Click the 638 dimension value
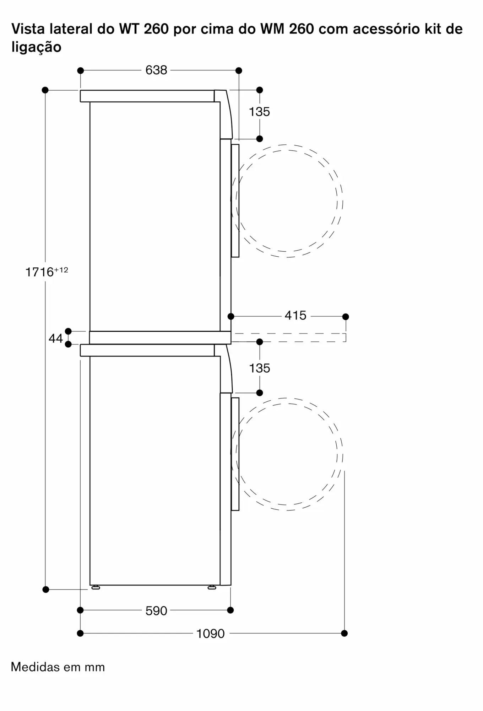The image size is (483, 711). (x=156, y=70)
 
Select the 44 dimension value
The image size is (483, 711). (x=56, y=338)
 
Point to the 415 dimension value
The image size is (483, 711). (x=295, y=315)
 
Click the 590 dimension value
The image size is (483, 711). (x=156, y=611)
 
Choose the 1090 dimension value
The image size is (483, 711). (x=211, y=634)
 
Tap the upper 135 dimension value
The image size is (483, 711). (x=259, y=112)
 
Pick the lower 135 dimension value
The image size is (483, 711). (x=259, y=368)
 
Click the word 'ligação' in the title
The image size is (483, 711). (x=37, y=47)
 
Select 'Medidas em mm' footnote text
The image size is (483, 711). (x=58, y=667)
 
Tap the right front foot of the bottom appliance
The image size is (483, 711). (x=212, y=588)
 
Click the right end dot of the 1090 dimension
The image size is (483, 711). (x=344, y=633)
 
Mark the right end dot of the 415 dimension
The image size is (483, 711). (x=346, y=316)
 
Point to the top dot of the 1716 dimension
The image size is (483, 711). (x=45, y=90)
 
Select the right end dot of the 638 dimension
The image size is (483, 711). (x=239, y=70)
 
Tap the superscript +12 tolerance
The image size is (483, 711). (x=61, y=270)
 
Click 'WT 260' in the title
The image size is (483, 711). (x=144, y=29)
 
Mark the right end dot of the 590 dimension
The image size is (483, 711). (x=230, y=610)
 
